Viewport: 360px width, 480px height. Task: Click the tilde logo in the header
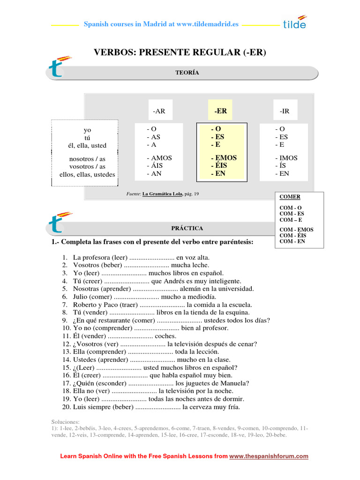[294, 22]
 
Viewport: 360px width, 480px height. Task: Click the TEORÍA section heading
[187, 73]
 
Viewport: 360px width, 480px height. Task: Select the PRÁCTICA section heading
[187, 228]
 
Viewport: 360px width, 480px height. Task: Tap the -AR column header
[159, 111]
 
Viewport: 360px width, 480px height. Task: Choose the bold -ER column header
[220, 111]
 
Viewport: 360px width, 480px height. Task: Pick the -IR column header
[285, 111]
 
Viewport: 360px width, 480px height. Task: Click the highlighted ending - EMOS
[224, 158]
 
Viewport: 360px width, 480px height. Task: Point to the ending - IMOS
[286, 158]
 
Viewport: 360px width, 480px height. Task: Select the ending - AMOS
[159, 158]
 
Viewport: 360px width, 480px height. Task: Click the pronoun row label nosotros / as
[87, 159]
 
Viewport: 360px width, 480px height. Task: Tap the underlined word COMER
[290, 197]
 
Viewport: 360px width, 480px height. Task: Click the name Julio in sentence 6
[81, 297]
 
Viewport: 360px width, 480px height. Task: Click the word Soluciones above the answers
[65, 422]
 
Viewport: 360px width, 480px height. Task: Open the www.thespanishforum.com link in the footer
[269, 456]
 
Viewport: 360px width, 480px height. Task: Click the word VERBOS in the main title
[113, 52]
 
